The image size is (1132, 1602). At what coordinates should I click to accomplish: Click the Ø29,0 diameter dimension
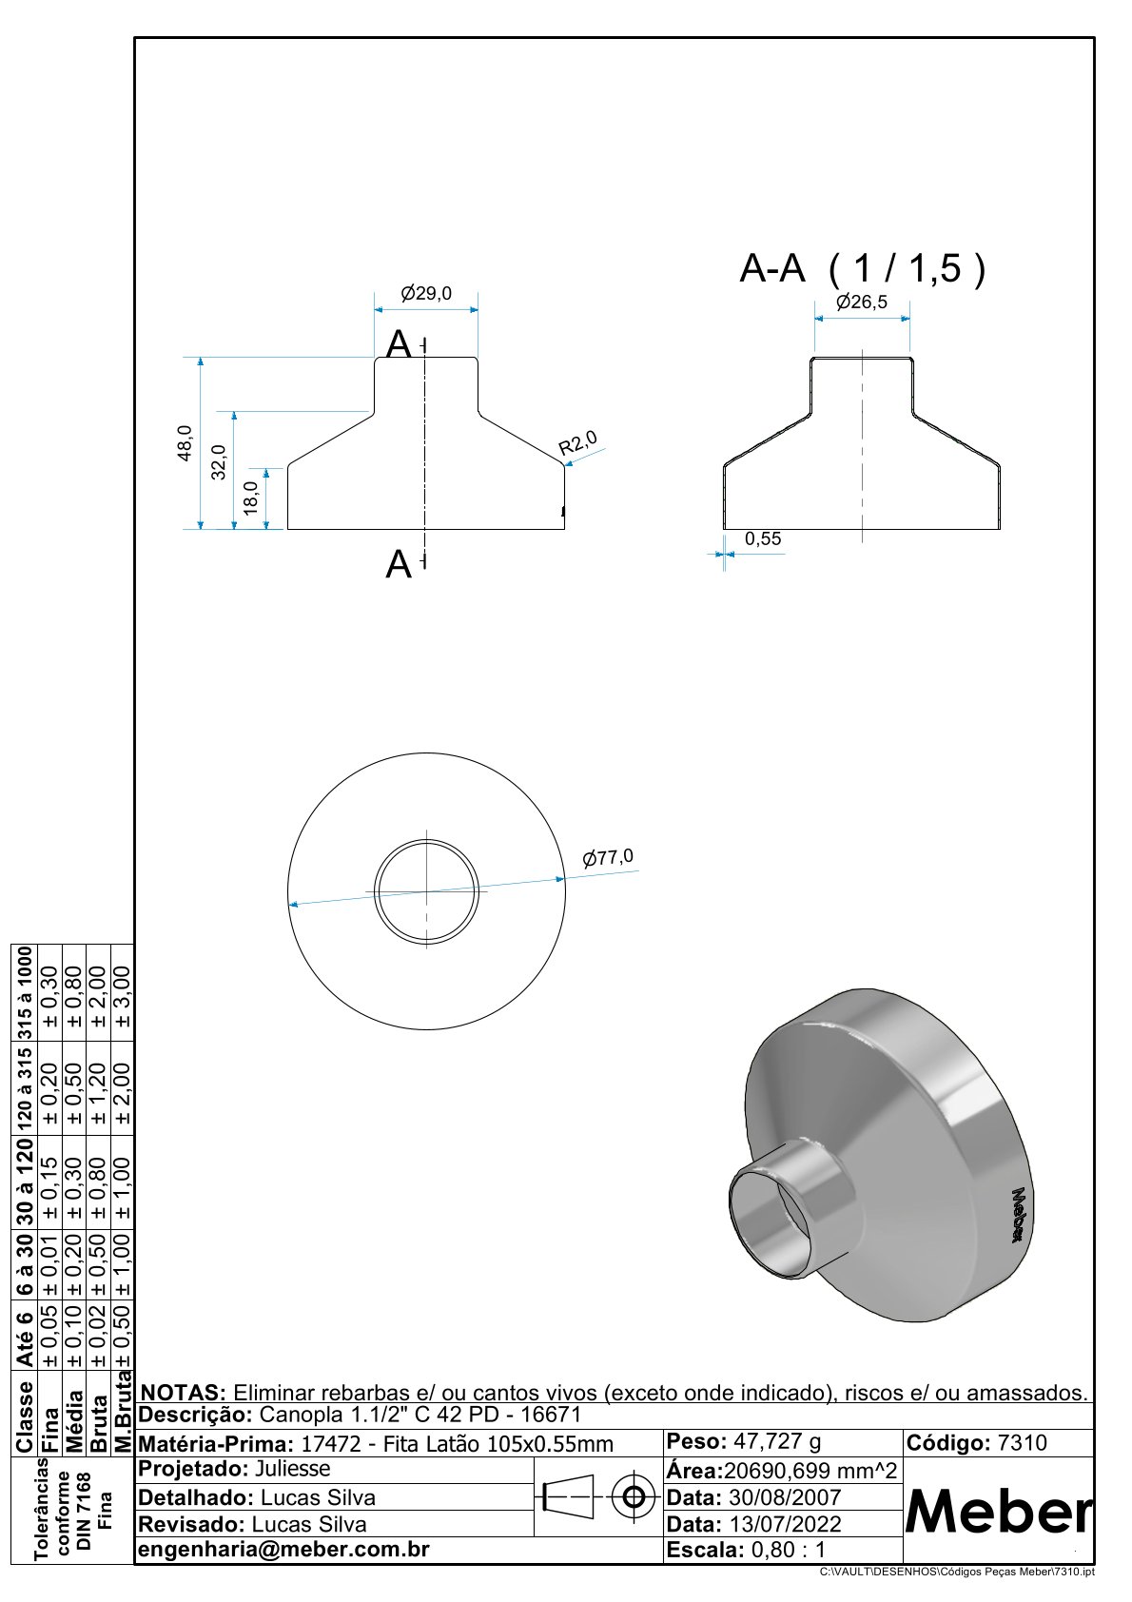click(x=426, y=293)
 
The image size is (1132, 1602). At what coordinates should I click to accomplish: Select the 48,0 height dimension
click(x=185, y=443)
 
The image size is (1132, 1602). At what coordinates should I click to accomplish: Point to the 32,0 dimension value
click(x=219, y=462)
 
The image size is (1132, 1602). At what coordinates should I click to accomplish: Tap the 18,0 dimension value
click(x=251, y=498)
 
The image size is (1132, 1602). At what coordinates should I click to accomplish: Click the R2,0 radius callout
click(x=577, y=443)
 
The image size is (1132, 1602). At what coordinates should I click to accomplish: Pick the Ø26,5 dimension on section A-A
click(x=862, y=303)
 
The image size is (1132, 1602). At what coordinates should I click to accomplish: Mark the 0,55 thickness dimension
click(x=763, y=538)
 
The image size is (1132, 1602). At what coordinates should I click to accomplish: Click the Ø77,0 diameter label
click(x=608, y=857)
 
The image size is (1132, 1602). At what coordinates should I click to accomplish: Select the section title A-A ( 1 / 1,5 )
click(x=862, y=269)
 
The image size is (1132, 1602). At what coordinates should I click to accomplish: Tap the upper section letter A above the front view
click(x=400, y=344)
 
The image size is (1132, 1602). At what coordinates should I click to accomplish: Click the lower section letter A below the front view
click(x=399, y=565)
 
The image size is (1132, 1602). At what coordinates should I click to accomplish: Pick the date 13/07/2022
click(x=785, y=1524)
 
